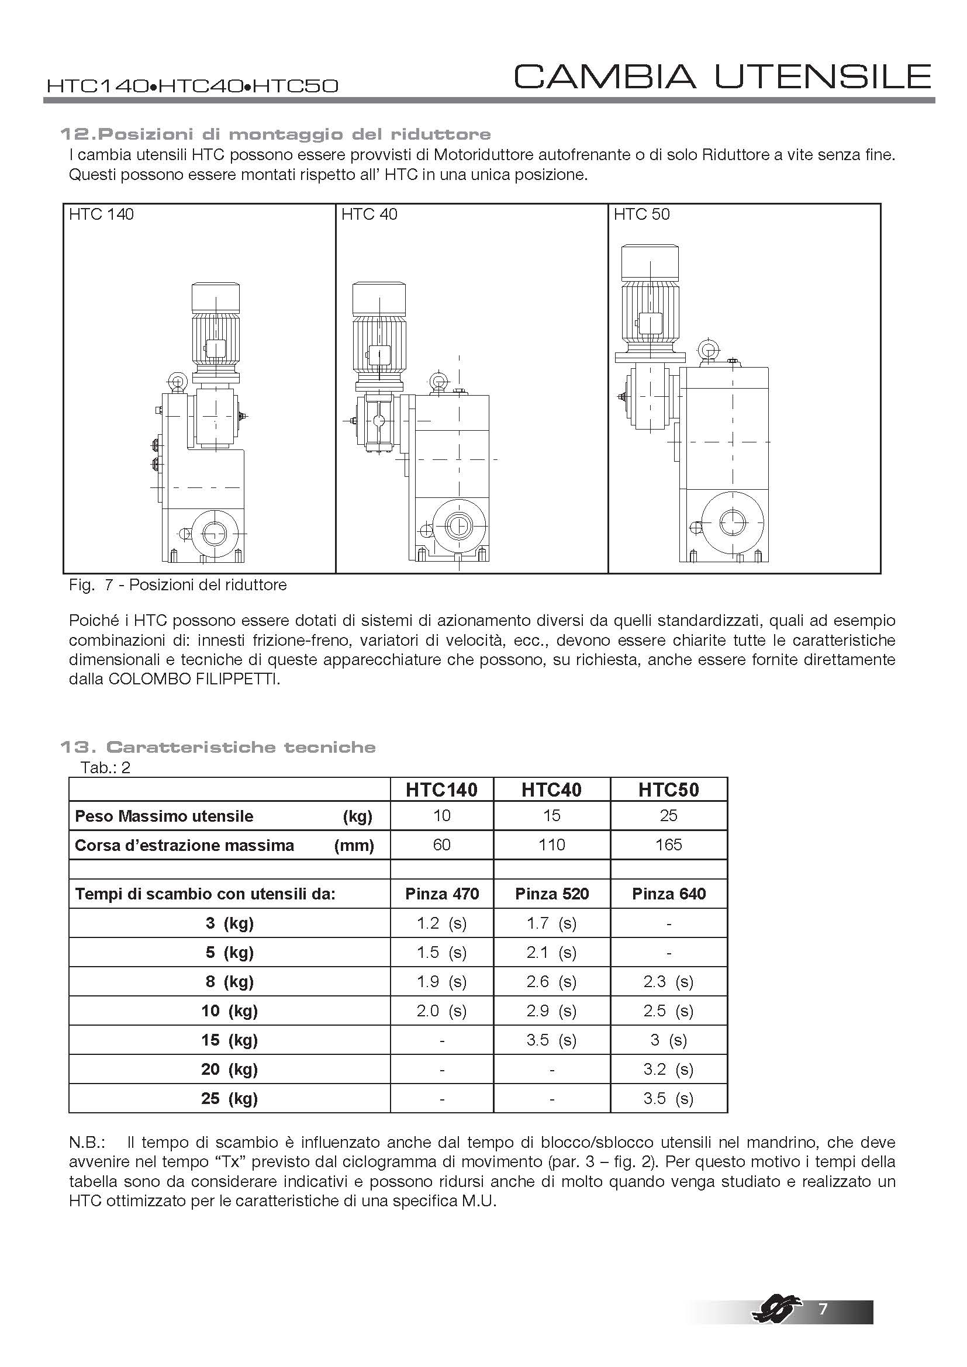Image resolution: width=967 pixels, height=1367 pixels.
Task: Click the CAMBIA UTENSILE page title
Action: (x=722, y=77)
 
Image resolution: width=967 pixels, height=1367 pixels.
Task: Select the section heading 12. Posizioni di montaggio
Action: (x=275, y=134)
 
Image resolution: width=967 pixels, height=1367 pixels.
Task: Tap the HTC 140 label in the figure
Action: (x=101, y=214)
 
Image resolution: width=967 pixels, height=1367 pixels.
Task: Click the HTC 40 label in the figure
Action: (x=369, y=214)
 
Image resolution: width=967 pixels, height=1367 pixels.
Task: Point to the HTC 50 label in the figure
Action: (x=641, y=214)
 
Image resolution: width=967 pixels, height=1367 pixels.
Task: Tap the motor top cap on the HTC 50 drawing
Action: (x=650, y=262)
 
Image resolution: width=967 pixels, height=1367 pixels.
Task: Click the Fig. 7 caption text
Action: (x=178, y=584)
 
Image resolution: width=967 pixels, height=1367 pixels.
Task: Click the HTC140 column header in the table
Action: (x=441, y=790)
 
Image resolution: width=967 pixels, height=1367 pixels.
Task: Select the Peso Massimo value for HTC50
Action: (x=668, y=816)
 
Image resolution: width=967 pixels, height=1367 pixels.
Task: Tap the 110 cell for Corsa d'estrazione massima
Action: (x=551, y=845)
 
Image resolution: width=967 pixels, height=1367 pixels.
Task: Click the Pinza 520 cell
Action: (x=551, y=894)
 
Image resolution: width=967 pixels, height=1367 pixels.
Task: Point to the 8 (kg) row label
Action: (x=229, y=981)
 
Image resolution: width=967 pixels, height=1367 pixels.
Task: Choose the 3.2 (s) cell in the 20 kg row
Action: (x=668, y=1070)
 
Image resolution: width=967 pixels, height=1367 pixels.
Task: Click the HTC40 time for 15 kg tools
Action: (x=551, y=1040)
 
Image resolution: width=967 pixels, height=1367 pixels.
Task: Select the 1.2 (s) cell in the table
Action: (x=441, y=923)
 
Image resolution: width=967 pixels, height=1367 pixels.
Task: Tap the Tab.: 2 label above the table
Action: (x=105, y=767)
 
